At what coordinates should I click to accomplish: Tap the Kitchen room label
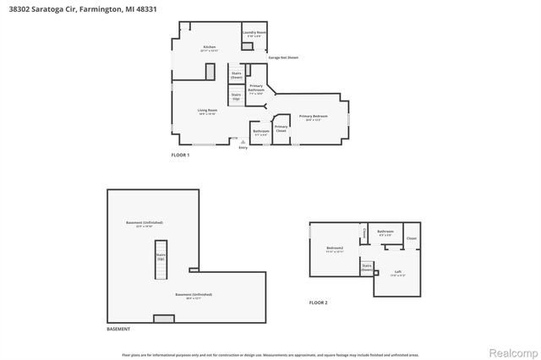click(x=209, y=48)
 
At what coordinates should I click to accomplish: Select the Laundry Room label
click(x=254, y=35)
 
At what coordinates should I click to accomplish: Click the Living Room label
click(x=207, y=112)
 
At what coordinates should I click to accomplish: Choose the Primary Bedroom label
click(x=313, y=117)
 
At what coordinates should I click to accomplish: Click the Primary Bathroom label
click(x=256, y=89)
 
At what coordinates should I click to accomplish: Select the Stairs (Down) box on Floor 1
click(x=236, y=74)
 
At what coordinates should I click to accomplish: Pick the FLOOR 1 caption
click(x=180, y=155)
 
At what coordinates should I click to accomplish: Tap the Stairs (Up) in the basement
click(x=161, y=257)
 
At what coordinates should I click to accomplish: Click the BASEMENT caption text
click(x=118, y=329)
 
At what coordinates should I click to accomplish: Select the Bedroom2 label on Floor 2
click(x=334, y=249)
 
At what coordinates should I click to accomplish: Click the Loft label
click(x=398, y=273)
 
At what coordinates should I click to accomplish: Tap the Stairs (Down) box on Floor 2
click(x=367, y=267)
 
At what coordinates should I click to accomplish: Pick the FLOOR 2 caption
click(x=318, y=303)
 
